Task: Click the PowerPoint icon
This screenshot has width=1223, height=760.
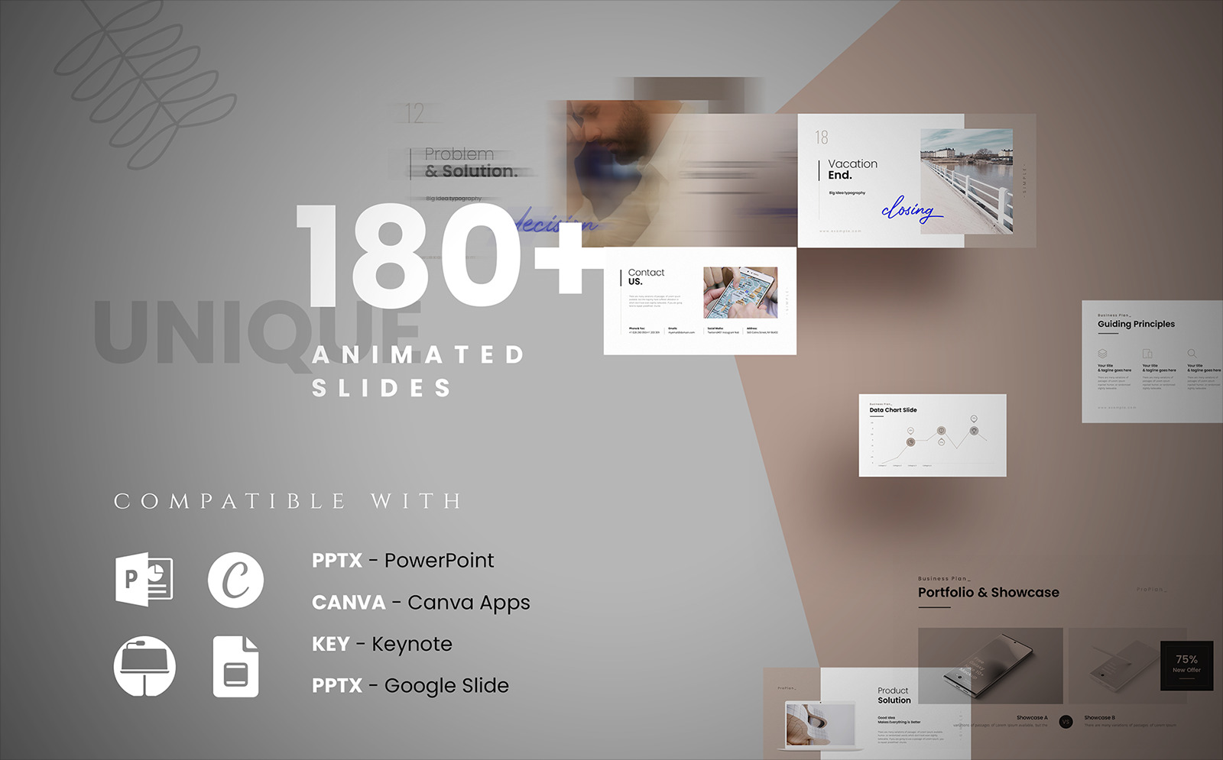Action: click(144, 581)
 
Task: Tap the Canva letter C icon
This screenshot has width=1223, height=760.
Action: click(235, 580)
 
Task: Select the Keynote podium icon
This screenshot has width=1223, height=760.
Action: click(144, 666)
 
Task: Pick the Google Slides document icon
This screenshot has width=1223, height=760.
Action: click(235, 666)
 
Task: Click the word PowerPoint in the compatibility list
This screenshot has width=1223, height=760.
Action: click(439, 561)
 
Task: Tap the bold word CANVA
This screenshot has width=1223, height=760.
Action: click(349, 603)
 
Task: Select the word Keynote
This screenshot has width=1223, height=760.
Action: click(411, 644)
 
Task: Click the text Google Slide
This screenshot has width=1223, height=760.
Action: click(446, 685)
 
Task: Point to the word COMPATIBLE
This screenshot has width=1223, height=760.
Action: click(230, 501)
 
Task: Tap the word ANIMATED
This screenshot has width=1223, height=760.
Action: click(418, 355)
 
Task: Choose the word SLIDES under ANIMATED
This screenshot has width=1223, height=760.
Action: click(381, 388)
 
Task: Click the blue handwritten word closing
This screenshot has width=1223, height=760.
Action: click(909, 209)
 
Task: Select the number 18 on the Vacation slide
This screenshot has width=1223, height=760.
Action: click(822, 137)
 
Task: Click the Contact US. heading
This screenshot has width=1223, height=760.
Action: click(645, 277)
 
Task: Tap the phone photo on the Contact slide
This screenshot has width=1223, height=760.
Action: click(740, 293)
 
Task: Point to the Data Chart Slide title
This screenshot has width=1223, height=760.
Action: click(893, 410)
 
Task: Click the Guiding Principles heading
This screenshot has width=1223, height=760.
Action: click(1136, 324)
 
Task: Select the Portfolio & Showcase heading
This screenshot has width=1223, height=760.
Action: click(988, 593)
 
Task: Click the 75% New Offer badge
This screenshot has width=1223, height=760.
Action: click(1186, 663)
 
